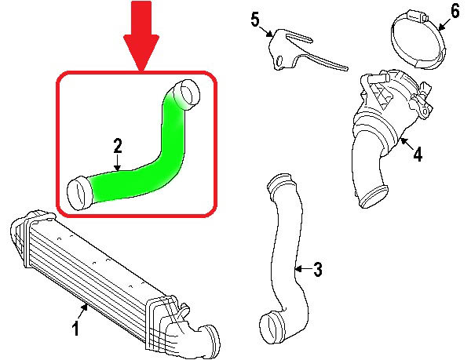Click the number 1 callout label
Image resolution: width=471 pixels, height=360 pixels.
pyautogui.click(x=76, y=330)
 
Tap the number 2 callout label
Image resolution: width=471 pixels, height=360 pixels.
pyautogui.click(x=118, y=146)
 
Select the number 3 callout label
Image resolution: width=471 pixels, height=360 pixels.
pyautogui.click(x=317, y=271)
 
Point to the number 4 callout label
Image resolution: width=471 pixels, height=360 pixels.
pyautogui.click(x=417, y=155)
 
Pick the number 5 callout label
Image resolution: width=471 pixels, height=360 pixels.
pyautogui.click(x=255, y=19)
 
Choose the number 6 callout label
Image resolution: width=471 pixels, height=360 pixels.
pyautogui.click(x=454, y=12)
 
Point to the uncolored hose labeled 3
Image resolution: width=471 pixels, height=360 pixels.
pyautogui.click(x=283, y=251)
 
